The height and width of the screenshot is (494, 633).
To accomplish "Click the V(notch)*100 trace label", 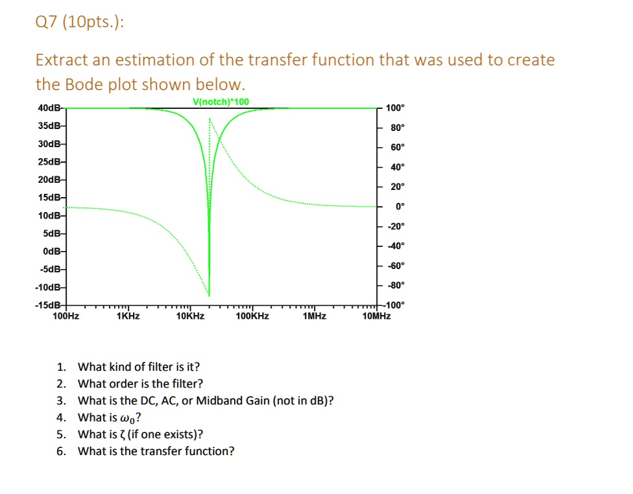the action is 221,102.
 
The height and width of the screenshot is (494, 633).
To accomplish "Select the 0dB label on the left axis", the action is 52,252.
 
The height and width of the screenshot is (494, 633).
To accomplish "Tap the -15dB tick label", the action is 48,305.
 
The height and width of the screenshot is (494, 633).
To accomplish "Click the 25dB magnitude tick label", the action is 49,162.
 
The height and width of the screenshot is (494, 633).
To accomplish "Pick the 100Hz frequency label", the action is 66,316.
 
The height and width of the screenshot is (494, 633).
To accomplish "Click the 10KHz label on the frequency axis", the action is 190,316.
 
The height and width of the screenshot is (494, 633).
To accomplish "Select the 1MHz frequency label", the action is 315,316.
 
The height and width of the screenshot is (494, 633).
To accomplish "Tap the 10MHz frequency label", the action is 377,316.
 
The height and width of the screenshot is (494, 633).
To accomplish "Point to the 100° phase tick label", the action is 395,108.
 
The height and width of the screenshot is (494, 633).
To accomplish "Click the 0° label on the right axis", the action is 400,207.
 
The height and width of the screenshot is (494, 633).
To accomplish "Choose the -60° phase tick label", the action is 396,266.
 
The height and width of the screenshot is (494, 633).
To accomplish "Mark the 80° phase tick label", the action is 398,128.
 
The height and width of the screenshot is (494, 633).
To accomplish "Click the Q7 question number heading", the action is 47,22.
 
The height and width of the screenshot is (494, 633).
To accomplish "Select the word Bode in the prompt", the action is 83,84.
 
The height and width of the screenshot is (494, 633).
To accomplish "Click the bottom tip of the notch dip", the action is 209,296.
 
